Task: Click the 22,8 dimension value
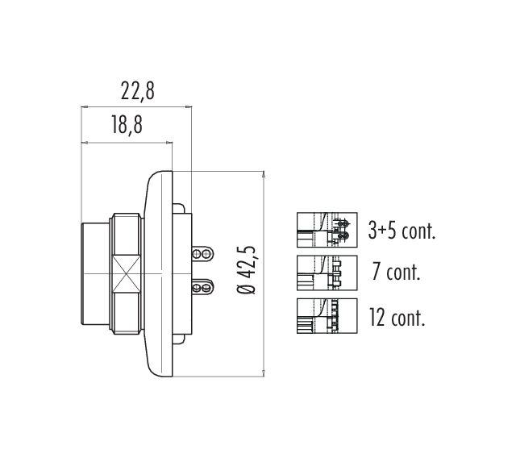click(x=137, y=90)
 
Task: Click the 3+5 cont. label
click(x=401, y=231)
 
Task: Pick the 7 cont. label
click(x=396, y=272)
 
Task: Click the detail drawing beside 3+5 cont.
click(x=327, y=228)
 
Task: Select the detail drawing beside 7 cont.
click(x=327, y=272)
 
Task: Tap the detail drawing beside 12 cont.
click(x=327, y=315)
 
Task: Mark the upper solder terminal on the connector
click(x=202, y=254)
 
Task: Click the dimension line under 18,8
click(x=127, y=143)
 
